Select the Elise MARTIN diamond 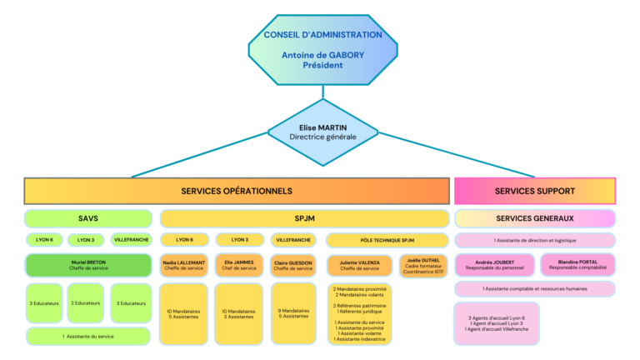click(322, 132)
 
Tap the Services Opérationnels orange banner click(237, 191)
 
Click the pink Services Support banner click(534, 191)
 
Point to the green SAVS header click(88, 218)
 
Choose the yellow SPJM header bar click(304, 218)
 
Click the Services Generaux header click(534, 218)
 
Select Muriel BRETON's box click(88, 265)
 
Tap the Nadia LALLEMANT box click(184, 265)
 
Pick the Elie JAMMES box click(239, 265)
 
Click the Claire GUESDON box click(293, 265)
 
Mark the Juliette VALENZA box click(359, 265)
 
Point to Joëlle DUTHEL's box click(423, 265)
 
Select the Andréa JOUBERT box click(494, 265)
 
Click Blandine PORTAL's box click(574, 265)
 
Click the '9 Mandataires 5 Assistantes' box click(293, 313)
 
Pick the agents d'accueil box click(497, 323)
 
